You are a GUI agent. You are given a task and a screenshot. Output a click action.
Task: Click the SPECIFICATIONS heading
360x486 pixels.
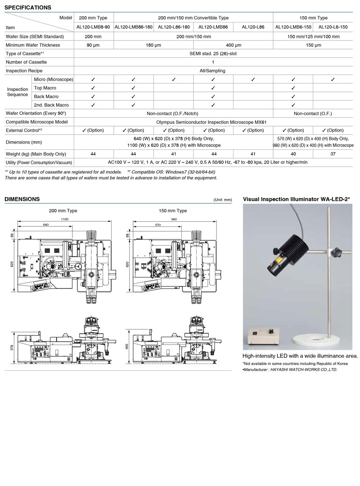[x=27, y=8]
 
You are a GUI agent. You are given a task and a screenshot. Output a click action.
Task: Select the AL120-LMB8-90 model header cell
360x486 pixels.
[x=93, y=27]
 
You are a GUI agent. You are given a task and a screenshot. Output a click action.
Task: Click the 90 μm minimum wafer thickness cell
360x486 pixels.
[x=93, y=45]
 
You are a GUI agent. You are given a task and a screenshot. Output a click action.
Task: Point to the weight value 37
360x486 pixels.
[x=333, y=153]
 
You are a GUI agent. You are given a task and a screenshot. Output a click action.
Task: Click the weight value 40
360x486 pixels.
[x=293, y=153]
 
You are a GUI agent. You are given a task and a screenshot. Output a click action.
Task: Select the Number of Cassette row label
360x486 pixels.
[x=26, y=62]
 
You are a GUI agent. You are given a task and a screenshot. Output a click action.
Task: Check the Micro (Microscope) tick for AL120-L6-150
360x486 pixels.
[x=333, y=79]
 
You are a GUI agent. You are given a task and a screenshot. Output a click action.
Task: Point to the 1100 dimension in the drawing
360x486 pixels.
[x=64, y=218]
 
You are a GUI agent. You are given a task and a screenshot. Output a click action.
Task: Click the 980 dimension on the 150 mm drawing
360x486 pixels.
[x=175, y=218]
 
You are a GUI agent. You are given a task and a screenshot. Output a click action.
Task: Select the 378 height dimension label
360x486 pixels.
[x=13, y=347]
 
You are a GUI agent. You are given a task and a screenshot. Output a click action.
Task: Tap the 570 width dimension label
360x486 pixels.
[x=158, y=225]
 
